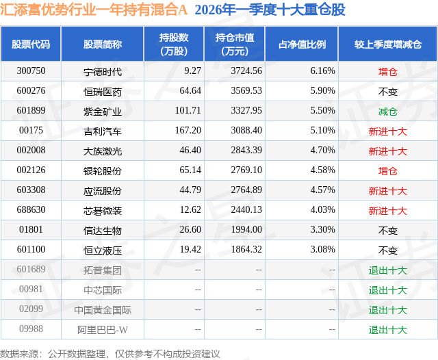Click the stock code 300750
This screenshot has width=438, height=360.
(31, 70)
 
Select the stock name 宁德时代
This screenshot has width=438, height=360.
(103, 70)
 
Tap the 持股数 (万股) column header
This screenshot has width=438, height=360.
(174, 44)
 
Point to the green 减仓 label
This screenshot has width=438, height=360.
(387, 111)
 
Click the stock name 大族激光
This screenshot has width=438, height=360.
(103, 151)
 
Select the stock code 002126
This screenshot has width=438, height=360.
(31, 170)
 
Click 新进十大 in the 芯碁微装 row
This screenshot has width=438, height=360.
(387, 211)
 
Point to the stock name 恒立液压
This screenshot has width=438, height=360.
(103, 250)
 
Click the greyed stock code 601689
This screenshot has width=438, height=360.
(31, 270)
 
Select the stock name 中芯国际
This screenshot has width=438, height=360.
(103, 290)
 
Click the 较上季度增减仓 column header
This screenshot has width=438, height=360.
(387, 44)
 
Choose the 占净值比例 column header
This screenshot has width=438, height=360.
(302, 44)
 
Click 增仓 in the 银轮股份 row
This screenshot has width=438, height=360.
(387, 170)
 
